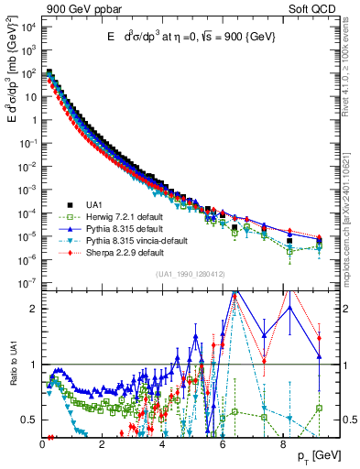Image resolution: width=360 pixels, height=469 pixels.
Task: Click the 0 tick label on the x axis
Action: click(43, 442)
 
